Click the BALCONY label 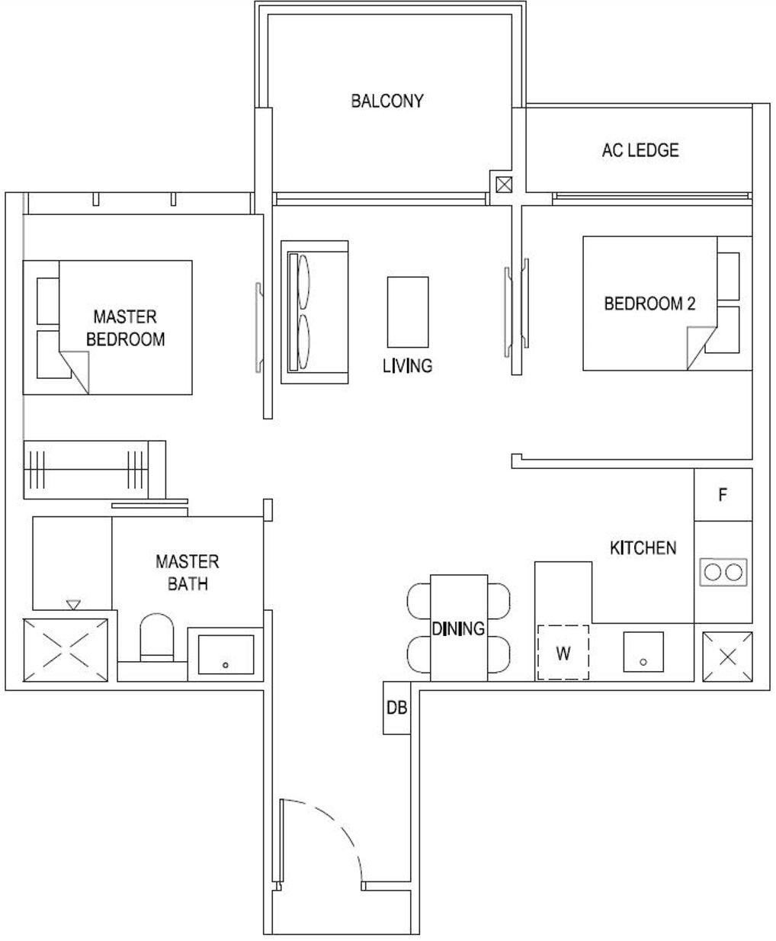tap(387, 101)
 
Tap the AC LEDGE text tap(640, 150)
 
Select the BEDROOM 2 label tap(649, 303)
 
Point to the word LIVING tap(407, 365)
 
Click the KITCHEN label tap(643, 548)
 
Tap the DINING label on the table tap(458, 628)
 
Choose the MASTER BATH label tap(188, 573)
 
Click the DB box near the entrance tap(396, 708)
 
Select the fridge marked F tap(723, 495)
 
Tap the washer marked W tap(563, 653)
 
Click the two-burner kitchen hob tap(723, 573)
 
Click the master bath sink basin tap(226, 654)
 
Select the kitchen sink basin tap(643, 652)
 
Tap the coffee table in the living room tap(408, 312)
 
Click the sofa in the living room tap(315, 313)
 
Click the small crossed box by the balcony tap(504, 185)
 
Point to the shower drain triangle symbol tap(73, 605)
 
